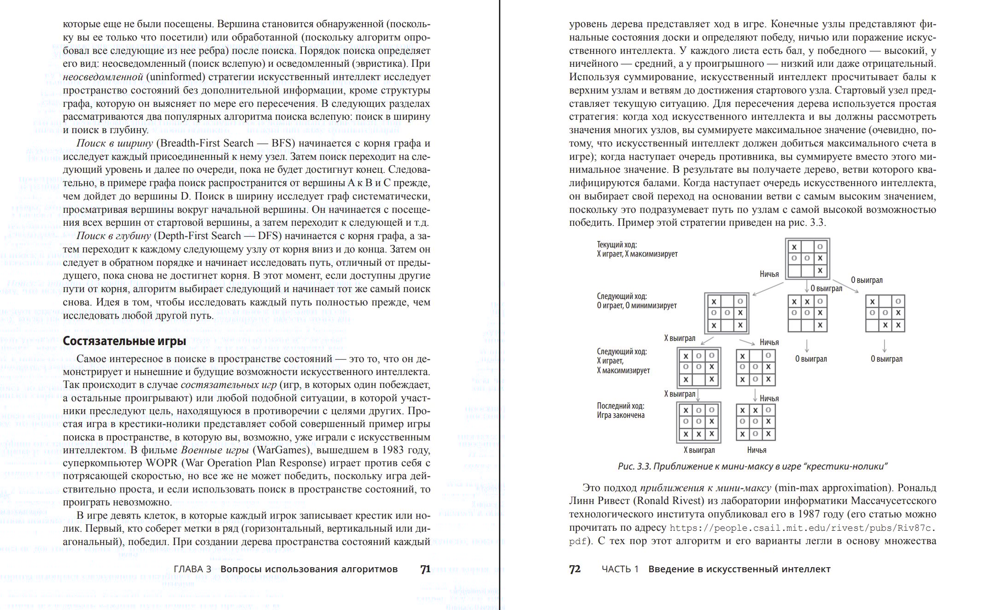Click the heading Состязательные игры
point(124,341)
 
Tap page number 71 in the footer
point(425,569)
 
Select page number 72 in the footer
point(575,569)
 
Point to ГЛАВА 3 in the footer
point(192,569)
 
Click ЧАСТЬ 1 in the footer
point(620,569)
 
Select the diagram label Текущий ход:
point(617,245)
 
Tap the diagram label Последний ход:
point(620,406)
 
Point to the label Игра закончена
point(621,415)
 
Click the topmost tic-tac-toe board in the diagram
point(807,258)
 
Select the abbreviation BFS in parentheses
point(282,143)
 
